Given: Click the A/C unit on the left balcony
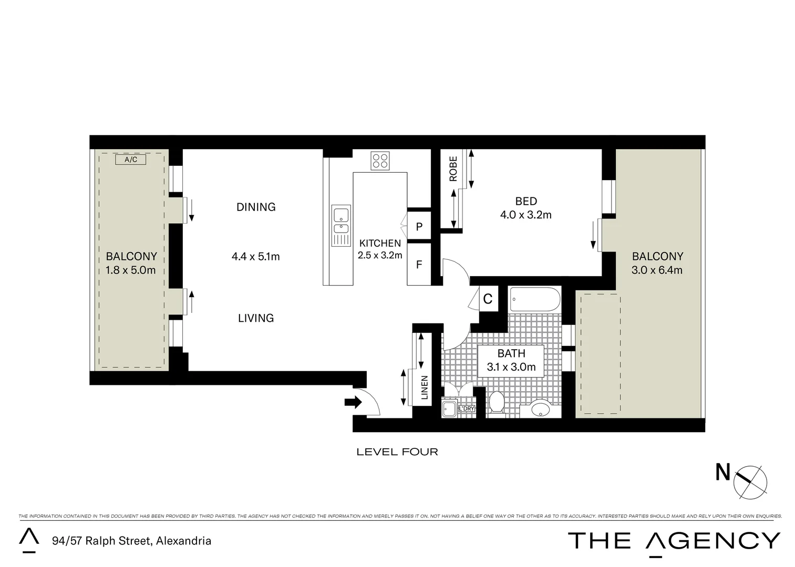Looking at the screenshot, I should pyautogui.click(x=131, y=160).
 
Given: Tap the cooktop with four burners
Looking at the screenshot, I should pyautogui.click(x=380, y=161).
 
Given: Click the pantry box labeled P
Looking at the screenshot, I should pyautogui.click(x=419, y=227).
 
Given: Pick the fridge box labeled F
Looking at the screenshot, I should pyautogui.click(x=419, y=264).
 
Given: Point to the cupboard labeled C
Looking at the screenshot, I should pyautogui.click(x=488, y=299).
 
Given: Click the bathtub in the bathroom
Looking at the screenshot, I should pyautogui.click(x=535, y=300).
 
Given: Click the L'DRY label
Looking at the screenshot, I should pyautogui.click(x=467, y=408).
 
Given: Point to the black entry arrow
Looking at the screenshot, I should pyautogui.click(x=353, y=403).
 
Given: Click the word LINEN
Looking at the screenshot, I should pyautogui.click(x=425, y=387).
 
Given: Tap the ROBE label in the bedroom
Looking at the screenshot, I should pyautogui.click(x=453, y=169).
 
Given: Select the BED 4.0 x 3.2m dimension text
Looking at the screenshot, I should pyautogui.click(x=525, y=214).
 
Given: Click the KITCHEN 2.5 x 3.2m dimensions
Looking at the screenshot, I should pyautogui.click(x=380, y=255).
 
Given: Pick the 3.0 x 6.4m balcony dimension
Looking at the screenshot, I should pyautogui.click(x=657, y=270).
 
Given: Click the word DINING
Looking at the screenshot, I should pyautogui.click(x=256, y=207).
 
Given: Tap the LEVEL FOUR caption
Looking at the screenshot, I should pyautogui.click(x=397, y=451).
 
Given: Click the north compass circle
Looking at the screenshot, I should pyautogui.click(x=750, y=482).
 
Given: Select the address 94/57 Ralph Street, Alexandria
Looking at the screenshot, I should pyautogui.click(x=131, y=541).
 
